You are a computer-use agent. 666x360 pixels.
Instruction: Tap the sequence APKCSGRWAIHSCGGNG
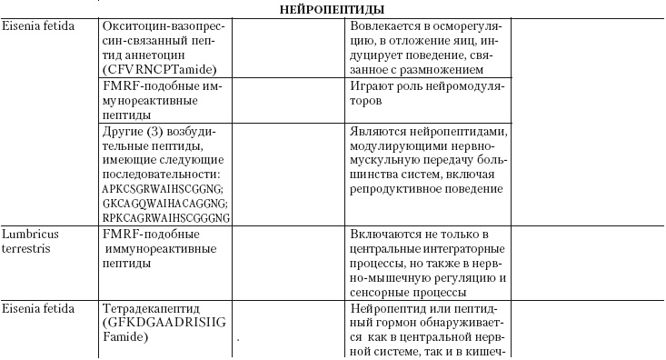pyautogui.click(x=164, y=188)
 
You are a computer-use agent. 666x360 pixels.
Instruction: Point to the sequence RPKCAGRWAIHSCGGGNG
pyautogui.click(x=166, y=218)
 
